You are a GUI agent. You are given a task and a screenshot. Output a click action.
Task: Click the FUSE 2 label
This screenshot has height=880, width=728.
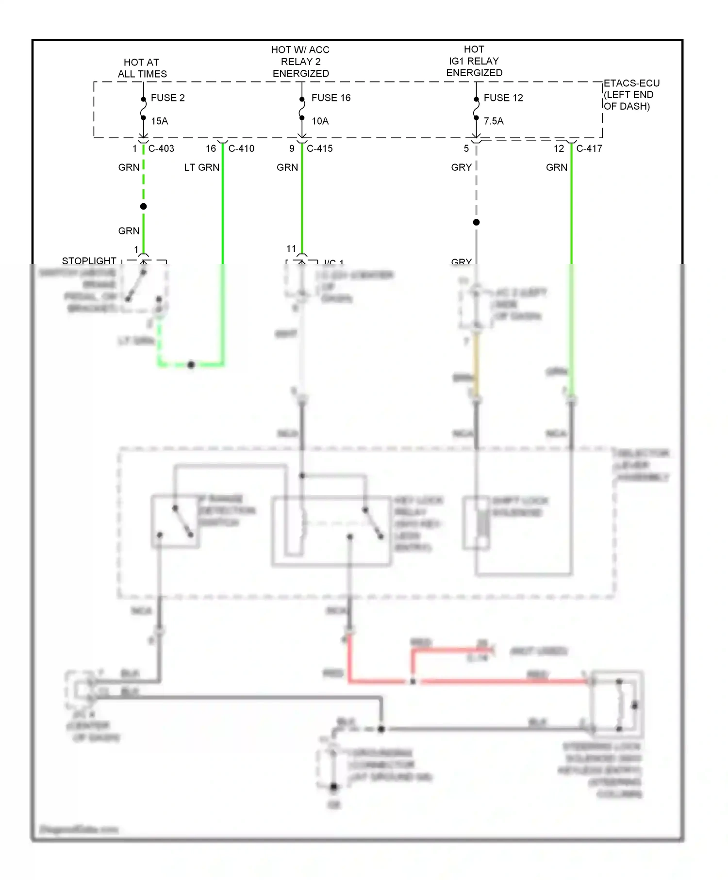pos(167,98)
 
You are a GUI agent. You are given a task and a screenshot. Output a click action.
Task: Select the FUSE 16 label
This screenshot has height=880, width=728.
pos(331,98)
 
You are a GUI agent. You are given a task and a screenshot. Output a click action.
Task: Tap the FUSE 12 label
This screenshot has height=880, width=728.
pos(503,98)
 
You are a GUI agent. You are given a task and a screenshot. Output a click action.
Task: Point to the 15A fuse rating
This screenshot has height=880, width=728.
pos(159,121)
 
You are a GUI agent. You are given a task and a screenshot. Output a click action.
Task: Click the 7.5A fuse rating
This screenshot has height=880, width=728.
pos(494,121)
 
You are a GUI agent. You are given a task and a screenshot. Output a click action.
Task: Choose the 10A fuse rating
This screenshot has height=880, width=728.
pos(320,121)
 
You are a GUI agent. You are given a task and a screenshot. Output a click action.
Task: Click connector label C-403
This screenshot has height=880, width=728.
pos(161,149)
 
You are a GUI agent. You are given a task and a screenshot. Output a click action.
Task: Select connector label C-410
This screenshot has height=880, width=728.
pos(241,149)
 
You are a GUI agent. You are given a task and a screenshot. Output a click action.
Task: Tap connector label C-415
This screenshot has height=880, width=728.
pos(320,149)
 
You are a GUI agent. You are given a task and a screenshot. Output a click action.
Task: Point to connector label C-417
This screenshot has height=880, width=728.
pos(589,149)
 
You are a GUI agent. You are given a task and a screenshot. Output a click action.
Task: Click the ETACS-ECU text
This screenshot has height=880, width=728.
pos(631,83)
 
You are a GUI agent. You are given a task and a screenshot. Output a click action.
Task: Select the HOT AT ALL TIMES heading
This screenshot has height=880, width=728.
pos(142,68)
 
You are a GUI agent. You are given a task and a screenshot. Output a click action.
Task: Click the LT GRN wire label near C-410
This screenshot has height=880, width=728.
pos(201,168)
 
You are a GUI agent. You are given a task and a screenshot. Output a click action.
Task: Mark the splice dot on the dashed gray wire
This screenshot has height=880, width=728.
pos(476,222)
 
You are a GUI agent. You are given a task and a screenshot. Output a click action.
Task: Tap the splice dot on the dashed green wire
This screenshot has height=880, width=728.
pos(143,207)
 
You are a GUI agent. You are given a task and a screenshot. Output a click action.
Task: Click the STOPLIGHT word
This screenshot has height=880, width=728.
pos(89,261)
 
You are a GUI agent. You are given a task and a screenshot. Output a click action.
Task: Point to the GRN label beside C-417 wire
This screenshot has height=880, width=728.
pos(556,168)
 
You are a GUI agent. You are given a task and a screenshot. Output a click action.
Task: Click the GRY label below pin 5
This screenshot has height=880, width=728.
pos(461,168)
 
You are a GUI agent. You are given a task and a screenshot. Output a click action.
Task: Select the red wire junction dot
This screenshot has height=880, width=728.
pos(413,681)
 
